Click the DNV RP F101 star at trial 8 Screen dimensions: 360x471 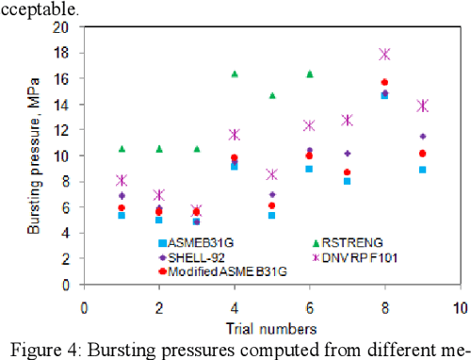click(384, 55)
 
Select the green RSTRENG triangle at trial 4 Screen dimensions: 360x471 click(235, 74)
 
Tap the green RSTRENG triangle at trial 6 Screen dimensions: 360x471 click(309, 74)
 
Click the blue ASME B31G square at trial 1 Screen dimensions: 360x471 click(122, 215)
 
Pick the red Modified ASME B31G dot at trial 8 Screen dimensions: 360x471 click(384, 83)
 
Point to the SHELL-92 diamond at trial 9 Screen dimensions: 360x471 click(422, 137)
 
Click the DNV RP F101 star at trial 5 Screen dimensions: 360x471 click(271, 174)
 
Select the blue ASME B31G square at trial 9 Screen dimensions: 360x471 click(422, 170)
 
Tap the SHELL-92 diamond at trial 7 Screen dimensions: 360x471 click(347, 153)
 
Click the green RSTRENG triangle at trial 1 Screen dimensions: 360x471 click(122, 149)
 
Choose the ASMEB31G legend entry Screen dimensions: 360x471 click(194, 242)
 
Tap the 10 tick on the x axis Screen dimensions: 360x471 click(459, 307)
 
